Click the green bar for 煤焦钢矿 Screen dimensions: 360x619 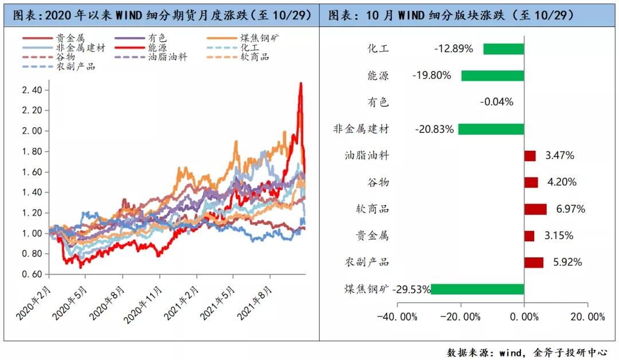pos(477,289)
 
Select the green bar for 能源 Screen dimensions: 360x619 pos(492,76)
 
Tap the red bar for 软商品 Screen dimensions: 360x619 pos(535,209)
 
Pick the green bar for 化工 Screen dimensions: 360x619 pos(503,49)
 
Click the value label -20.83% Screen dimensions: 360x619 pos(435,130)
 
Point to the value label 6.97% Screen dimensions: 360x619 pos(570,209)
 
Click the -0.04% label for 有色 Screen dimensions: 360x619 pos(496,103)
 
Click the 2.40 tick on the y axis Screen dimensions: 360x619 pos(33,90)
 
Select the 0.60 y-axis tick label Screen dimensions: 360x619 pos(33,274)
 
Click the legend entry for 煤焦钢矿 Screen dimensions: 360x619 pos(249,39)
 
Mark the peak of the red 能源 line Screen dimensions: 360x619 pos(300,83)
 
